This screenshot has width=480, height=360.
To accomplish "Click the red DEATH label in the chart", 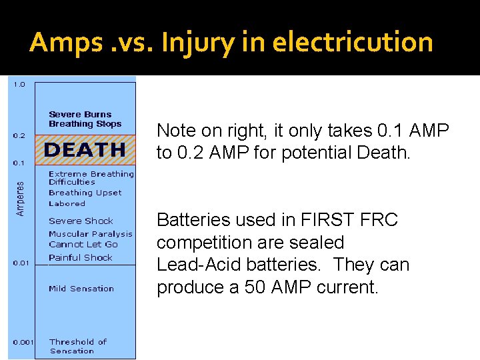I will pyautogui.click(x=84, y=150).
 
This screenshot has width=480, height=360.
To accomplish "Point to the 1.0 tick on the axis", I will pyautogui.click(x=19, y=85).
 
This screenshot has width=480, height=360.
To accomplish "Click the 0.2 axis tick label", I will pyautogui.click(x=19, y=136).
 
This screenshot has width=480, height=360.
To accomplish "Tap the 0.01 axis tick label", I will pyautogui.click(x=21, y=263).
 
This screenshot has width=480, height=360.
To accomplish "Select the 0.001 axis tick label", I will pyautogui.click(x=23, y=343).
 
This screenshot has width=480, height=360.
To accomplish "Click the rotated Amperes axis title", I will pyautogui.click(x=20, y=199).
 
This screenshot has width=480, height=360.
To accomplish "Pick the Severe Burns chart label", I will pyautogui.click(x=80, y=115).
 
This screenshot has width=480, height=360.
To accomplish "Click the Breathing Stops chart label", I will pyautogui.click(x=85, y=124).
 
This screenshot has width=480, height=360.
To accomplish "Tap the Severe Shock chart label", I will pyautogui.click(x=81, y=221).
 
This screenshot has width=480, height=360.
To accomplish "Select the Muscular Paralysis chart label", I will pyautogui.click(x=90, y=234).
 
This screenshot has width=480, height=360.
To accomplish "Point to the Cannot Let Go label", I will pyautogui.click(x=83, y=245).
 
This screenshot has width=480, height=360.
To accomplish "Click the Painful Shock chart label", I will pyautogui.click(x=81, y=257).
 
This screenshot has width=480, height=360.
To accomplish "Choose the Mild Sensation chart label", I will pyautogui.click(x=81, y=289).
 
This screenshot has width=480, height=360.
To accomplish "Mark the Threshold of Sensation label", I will pyautogui.click(x=78, y=346).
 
